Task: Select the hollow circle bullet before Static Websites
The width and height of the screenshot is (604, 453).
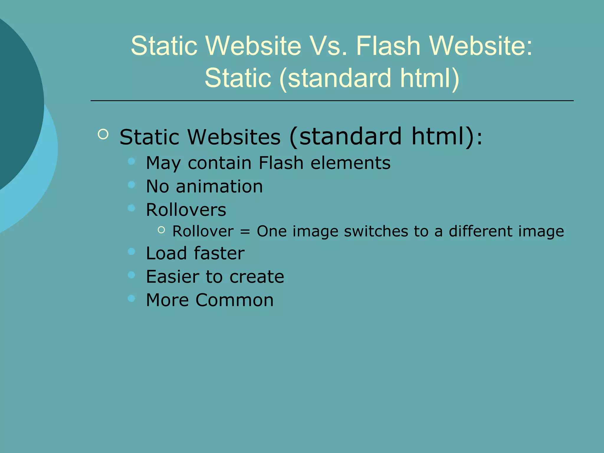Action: click(103, 134)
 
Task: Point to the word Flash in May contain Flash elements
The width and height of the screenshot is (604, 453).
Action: click(281, 163)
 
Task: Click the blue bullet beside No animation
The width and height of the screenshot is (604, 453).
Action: click(131, 185)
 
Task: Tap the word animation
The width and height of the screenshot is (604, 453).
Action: click(219, 186)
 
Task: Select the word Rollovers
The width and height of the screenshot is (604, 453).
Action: click(186, 210)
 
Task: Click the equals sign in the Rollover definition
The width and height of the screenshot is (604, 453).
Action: click(245, 232)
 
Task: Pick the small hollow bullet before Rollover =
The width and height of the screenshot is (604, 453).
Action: click(161, 230)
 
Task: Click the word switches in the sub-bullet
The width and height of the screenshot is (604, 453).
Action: click(376, 231)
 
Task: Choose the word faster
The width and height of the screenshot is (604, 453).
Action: click(219, 253)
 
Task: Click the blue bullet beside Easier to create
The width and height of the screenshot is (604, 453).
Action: click(131, 275)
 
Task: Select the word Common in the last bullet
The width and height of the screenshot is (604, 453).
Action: click(234, 300)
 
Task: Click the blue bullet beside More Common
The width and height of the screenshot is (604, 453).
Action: click(131, 298)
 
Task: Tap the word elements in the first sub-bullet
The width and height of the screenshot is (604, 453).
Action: click(350, 163)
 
